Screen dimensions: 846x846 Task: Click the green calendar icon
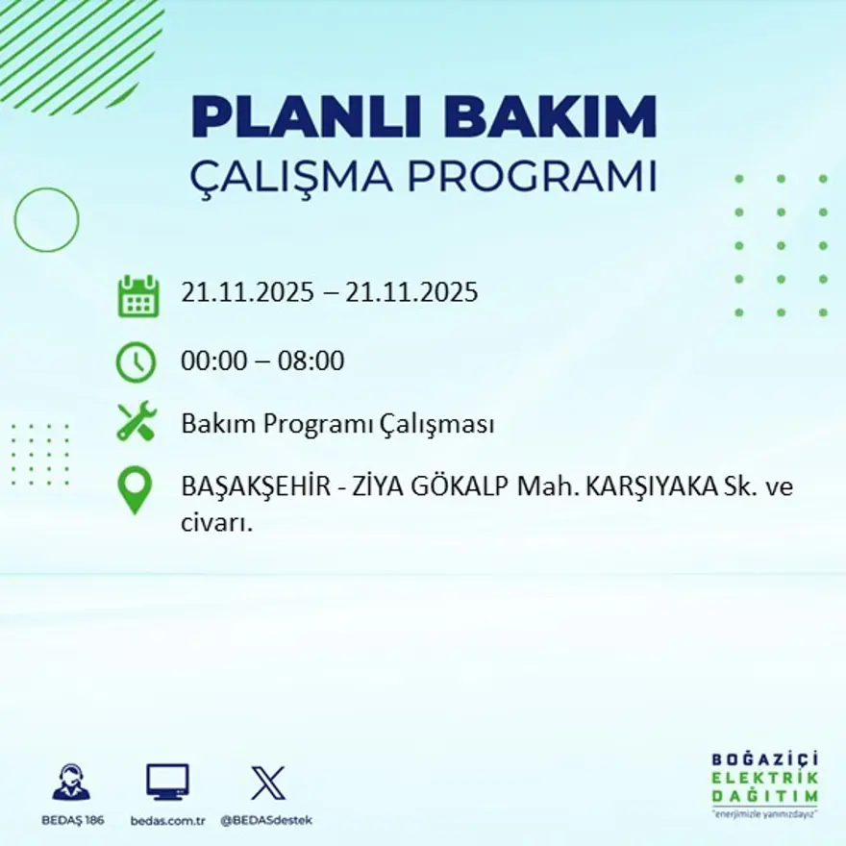[137, 296]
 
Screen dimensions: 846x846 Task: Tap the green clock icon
[136, 362]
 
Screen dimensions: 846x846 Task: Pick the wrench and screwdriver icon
[137, 422]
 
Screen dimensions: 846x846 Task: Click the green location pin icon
[135, 489]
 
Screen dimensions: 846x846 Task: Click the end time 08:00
[311, 362]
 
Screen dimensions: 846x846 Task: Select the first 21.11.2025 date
[247, 292]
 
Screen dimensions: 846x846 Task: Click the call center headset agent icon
[71, 782]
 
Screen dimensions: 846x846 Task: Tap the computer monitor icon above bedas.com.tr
[167, 782]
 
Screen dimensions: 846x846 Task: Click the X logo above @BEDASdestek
[267, 782]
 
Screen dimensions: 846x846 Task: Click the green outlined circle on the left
[46, 220]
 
